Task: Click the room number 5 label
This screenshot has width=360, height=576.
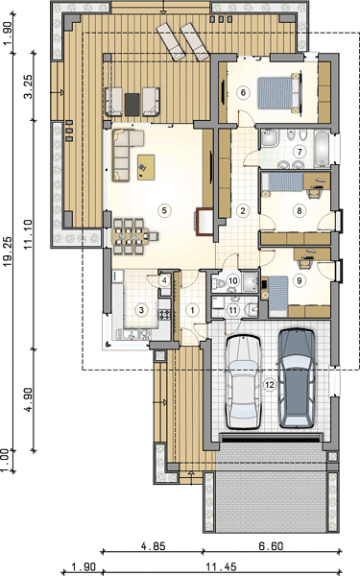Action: coord(164,210)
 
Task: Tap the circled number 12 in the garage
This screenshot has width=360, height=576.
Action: coord(270,385)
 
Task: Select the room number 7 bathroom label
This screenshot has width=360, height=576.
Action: coord(300,152)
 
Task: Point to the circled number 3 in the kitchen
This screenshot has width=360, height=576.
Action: coord(141,310)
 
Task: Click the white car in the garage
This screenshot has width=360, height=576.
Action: coord(243,382)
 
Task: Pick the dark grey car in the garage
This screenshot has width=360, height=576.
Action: coord(297,378)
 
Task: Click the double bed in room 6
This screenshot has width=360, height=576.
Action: coord(279,93)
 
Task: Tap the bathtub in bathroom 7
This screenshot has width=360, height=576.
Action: coord(323,149)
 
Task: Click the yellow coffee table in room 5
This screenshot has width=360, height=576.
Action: coord(146,167)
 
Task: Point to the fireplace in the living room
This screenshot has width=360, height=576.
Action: coord(204,222)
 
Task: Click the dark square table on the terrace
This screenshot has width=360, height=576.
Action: coord(132,105)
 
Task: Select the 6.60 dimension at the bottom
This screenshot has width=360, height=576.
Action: coord(271,546)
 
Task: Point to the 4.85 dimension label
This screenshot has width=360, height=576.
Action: coord(154,546)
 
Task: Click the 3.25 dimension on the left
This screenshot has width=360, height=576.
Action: coord(28,86)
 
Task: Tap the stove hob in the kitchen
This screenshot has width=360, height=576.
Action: coord(164,315)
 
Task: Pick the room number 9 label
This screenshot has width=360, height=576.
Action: coord(300,280)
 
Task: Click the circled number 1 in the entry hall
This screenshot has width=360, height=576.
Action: coord(192,310)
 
